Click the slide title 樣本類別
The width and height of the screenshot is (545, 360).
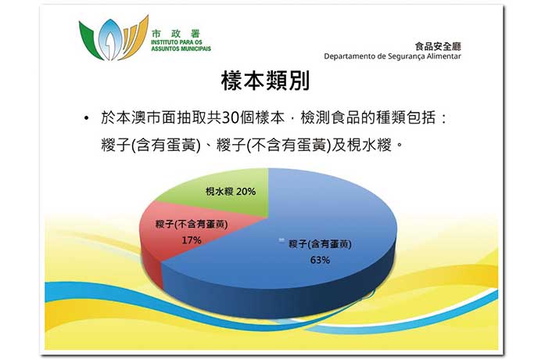tap(265, 81)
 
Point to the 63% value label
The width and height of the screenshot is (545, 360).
tap(320, 260)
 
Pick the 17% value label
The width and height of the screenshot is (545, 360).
tap(192, 240)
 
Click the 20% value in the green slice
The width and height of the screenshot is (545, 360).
tap(246, 191)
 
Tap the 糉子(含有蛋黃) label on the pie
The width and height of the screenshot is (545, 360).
tap(320, 244)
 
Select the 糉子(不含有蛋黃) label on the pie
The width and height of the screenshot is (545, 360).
tap(192, 225)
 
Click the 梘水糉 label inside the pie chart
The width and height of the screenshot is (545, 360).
tap(219, 191)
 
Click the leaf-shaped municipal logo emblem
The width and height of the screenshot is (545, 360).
tap(113, 38)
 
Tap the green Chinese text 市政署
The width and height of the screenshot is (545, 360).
tap(176, 34)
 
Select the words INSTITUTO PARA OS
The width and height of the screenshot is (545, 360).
tap(177, 42)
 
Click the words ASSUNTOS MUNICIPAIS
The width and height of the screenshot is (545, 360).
tap(181, 49)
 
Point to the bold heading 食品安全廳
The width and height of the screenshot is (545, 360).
tap(438, 46)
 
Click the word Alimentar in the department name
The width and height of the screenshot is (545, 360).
tap(444, 56)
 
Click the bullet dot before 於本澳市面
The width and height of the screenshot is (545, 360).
tap(87, 118)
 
